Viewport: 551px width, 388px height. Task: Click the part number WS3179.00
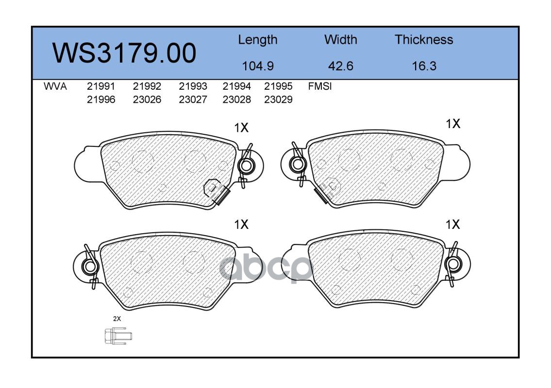click(x=124, y=53)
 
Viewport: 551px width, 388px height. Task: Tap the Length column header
click(x=258, y=40)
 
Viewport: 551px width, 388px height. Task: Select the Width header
click(x=340, y=39)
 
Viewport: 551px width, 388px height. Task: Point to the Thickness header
click(x=424, y=39)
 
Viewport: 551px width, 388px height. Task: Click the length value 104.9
click(x=258, y=66)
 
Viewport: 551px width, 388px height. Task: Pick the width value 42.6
click(x=340, y=66)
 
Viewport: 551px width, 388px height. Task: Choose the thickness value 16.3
click(x=424, y=66)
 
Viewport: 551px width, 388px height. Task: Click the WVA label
click(x=55, y=86)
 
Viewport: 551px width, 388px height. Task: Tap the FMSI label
click(x=320, y=86)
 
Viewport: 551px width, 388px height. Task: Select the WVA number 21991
click(x=101, y=86)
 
